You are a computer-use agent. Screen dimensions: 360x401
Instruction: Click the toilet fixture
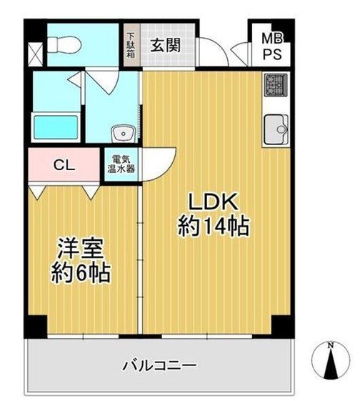coord(64,44)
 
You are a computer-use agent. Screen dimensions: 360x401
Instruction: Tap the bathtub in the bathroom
coord(56,127)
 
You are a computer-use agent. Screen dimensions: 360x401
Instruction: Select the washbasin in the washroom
coord(124,134)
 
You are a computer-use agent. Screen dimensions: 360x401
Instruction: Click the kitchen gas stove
coord(276,84)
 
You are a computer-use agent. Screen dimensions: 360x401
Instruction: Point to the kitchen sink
coord(276,129)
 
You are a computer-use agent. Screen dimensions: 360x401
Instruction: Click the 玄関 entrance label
coord(166,46)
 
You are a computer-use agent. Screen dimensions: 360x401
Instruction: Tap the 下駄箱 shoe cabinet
coord(131,46)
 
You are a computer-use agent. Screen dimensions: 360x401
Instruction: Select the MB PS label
coord(272,46)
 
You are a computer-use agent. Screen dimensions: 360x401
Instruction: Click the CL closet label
coord(64,165)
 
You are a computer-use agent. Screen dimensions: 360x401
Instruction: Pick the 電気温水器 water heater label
coord(121,164)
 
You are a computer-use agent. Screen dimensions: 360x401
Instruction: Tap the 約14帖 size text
coord(213,226)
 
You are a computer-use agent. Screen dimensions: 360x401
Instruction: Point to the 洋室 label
coord(80,249)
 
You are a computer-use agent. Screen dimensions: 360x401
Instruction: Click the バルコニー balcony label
coord(160,366)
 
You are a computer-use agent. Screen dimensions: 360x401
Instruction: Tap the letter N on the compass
coord(331,346)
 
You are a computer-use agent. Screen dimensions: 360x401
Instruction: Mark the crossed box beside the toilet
coord(36,55)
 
